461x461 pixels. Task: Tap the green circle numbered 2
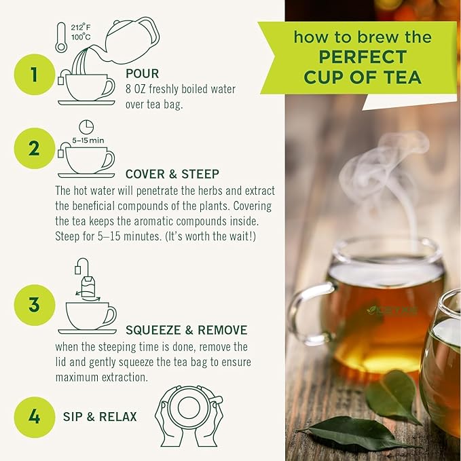pyautogui.click(x=33, y=147)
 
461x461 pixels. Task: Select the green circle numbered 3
pyautogui.click(x=33, y=305)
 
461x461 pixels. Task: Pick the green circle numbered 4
pyautogui.click(x=33, y=416)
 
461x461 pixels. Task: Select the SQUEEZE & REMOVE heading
pyautogui.click(x=186, y=331)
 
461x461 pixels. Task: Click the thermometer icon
pyautogui.click(x=61, y=38)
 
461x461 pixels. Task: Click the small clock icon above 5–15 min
pyautogui.click(x=86, y=127)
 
